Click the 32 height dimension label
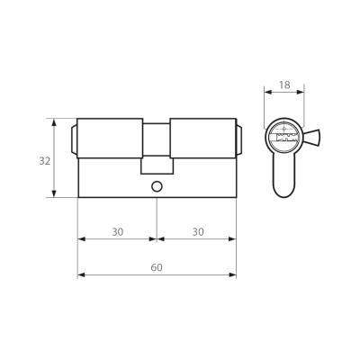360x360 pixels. (45, 161)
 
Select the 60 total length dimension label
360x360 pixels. (157, 267)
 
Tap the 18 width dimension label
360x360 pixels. (284, 85)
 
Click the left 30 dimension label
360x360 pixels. (118, 231)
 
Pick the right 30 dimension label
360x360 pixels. (198, 231)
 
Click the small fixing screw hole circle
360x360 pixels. (157, 186)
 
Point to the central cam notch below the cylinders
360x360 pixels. (157, 165)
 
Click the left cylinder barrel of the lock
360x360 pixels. (110, 139)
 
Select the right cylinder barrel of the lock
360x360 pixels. (203, 139)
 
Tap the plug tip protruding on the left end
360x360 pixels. (74, 139)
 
